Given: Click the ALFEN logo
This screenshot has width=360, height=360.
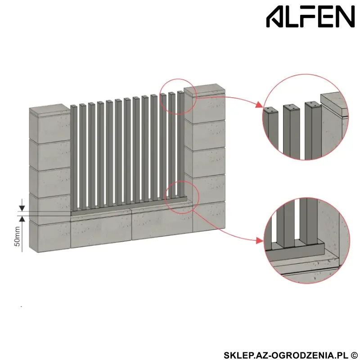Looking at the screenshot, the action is tap(310, 17).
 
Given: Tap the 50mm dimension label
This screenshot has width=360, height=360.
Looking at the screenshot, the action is tap(18, 237).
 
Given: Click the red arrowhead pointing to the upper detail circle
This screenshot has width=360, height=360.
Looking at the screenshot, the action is tap(259, 104).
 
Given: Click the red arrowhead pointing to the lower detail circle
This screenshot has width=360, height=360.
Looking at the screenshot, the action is tap(260, 241).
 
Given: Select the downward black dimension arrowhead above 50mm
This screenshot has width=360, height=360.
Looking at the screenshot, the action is tap(22, 208).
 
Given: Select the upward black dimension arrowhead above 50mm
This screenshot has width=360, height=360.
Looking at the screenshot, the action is tap(22, 219).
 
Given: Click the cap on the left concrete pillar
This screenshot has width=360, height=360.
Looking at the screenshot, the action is tap(49, 110).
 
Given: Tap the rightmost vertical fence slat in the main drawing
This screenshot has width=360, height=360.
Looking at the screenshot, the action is tap(181, 144).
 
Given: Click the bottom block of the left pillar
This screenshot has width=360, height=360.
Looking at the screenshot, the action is tap(50, 236).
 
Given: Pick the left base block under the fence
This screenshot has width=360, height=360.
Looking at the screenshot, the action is tap(101, 230).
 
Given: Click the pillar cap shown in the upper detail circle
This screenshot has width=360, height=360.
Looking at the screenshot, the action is tap(334, 104).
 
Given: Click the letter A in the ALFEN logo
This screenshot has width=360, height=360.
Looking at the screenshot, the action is tap(274, 17).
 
